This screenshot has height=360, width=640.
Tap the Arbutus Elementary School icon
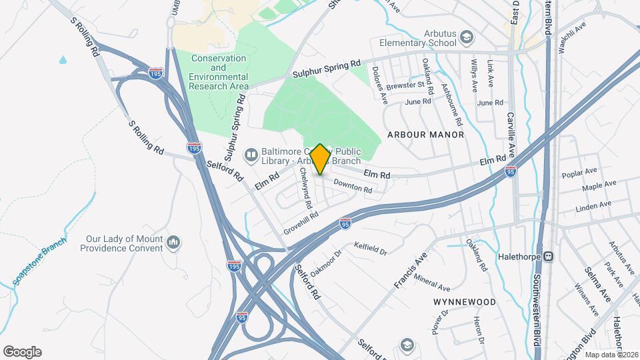[467, 37]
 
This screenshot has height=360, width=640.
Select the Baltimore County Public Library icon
[251, 155]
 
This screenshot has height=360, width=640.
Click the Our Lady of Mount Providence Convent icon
[173, 241]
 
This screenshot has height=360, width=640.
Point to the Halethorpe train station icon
[549, 255]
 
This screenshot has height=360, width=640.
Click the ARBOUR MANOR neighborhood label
[425, 135]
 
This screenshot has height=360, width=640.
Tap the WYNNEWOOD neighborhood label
[465, 302]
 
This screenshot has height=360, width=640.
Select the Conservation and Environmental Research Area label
[219, 73]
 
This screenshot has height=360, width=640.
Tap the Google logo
[22, 351]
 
